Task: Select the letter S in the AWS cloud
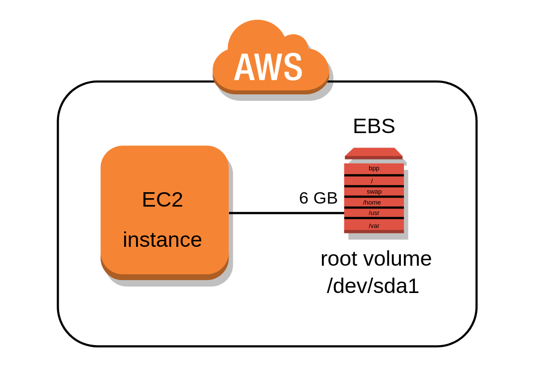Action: click(x=293, y=68)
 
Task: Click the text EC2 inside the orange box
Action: click(x=162, y=200)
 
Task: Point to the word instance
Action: click(x=162, y=240)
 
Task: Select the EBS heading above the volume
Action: click(x=374, y=126)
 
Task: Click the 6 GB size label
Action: click(x=318, y=198)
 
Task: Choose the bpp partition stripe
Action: click(x=374, y=168)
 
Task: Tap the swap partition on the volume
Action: click(x=374, y=191)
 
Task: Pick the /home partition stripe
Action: click(x=372, y=202)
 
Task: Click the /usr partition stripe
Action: click(x=374, y=213)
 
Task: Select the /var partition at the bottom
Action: click(x=374, y=225)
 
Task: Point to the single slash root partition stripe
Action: click(x=372, y=181)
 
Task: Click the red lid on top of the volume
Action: click(x=374, y=152)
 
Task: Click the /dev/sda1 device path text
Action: click(x=373, y=287)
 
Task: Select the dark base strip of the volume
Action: click(x=374, y=231)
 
